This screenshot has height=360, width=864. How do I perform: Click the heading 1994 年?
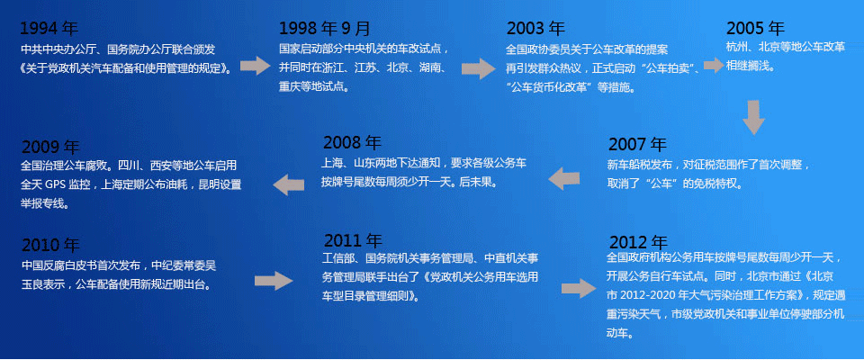coord(49,28)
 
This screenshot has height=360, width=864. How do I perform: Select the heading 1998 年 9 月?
coord(325,28)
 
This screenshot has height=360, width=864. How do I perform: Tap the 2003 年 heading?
coord(535,28)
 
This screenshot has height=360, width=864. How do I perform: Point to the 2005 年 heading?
coord(755,28)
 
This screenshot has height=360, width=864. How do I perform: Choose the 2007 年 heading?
coord(637,144)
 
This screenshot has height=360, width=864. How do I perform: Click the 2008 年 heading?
coord(352,143)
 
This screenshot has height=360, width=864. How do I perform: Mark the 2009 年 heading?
coord(50,148)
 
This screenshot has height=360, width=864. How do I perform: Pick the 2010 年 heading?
coord(50,245)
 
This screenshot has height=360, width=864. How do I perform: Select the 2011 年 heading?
coord(353,240)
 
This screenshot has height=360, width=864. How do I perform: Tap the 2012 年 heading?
coord(639,242)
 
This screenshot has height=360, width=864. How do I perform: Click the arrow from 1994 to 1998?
coord(255,65)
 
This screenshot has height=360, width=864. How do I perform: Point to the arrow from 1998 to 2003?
coord(478,68)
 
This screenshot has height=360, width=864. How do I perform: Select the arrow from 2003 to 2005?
coord(714,65)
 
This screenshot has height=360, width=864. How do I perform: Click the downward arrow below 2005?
coord(753,117)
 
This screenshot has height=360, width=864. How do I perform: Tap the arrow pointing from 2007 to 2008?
coord(563,179)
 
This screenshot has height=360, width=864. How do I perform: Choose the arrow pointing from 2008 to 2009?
coord(289,184)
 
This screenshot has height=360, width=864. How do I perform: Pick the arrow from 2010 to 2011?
coord(274,281)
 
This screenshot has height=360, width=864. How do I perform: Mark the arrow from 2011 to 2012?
coord(579,288)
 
